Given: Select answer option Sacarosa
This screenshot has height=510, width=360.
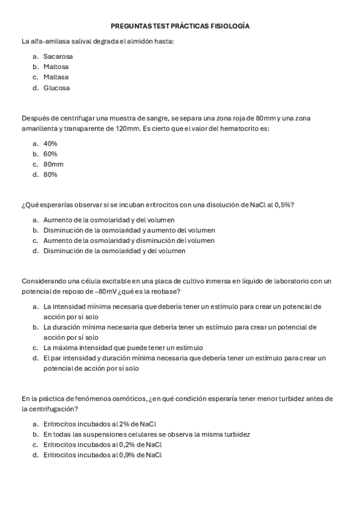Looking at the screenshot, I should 58,57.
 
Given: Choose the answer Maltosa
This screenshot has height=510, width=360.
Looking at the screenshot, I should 56,67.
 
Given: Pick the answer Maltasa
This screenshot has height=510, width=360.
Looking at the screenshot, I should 56,77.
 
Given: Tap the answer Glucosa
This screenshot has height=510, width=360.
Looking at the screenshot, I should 56,88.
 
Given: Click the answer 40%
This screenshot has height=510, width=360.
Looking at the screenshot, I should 50,144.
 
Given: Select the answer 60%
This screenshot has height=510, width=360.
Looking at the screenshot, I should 50,154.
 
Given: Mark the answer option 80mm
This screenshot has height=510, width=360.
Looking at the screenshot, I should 53,164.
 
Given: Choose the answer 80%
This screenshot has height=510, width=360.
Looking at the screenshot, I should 50,174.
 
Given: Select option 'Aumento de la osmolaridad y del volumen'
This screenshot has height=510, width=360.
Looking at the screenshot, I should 109,220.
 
